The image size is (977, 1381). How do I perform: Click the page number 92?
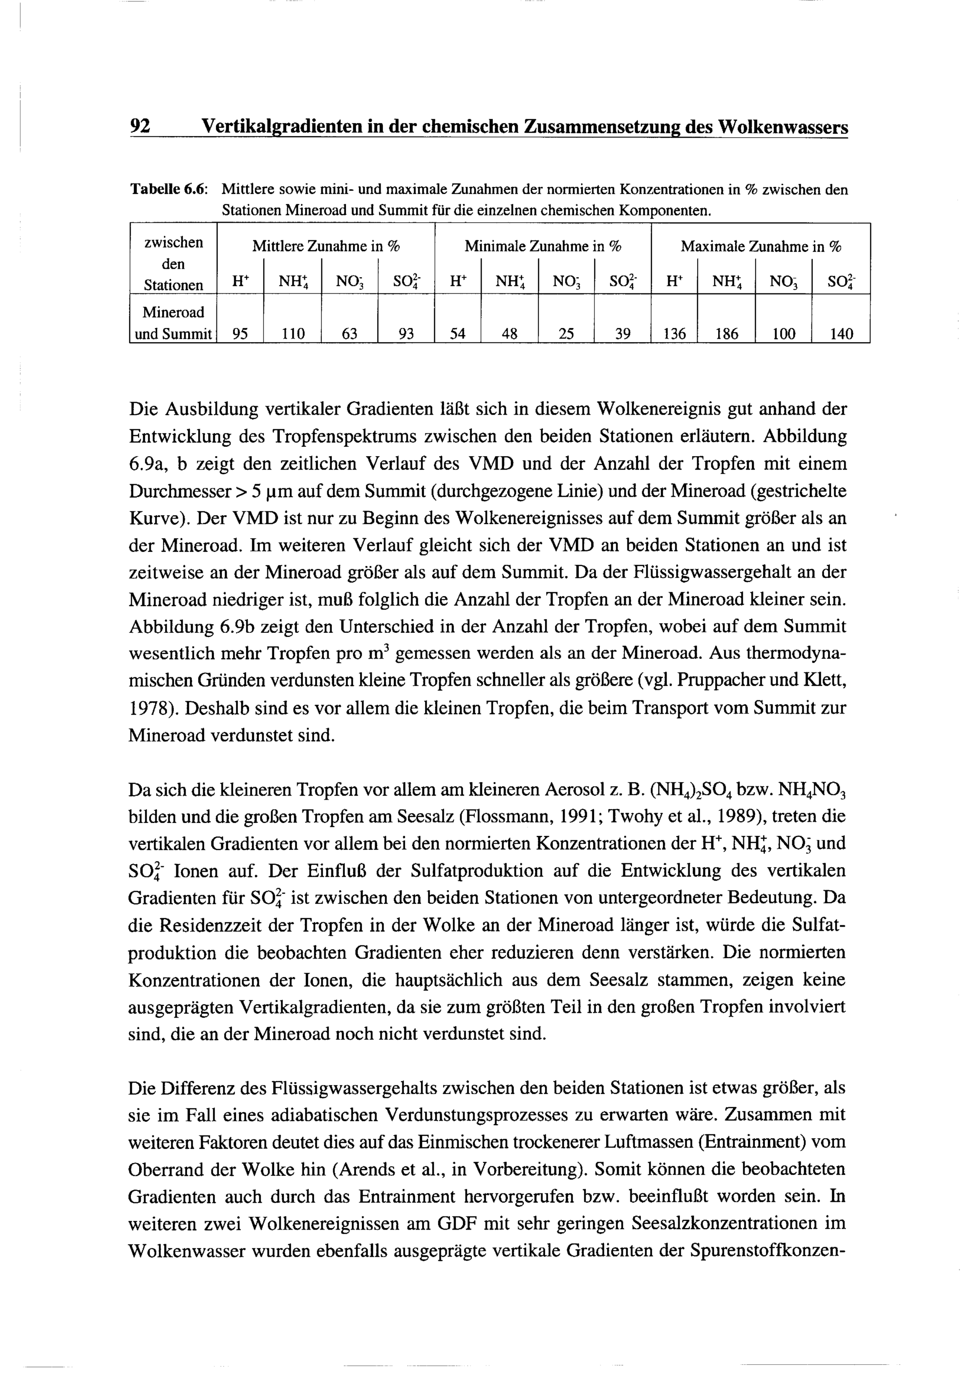tap(140, 127)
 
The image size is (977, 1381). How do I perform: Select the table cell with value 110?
tap(293, 334)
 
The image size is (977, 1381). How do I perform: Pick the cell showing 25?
tap(566, 334)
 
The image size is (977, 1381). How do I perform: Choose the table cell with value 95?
tap(239, 334)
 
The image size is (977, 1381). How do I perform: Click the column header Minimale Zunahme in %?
tap(543, 247)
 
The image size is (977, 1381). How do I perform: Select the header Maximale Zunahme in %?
tap(761, 247)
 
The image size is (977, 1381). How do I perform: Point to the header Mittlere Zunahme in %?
tap(325, 247)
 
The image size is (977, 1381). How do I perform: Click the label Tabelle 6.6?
tap(169, 190)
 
